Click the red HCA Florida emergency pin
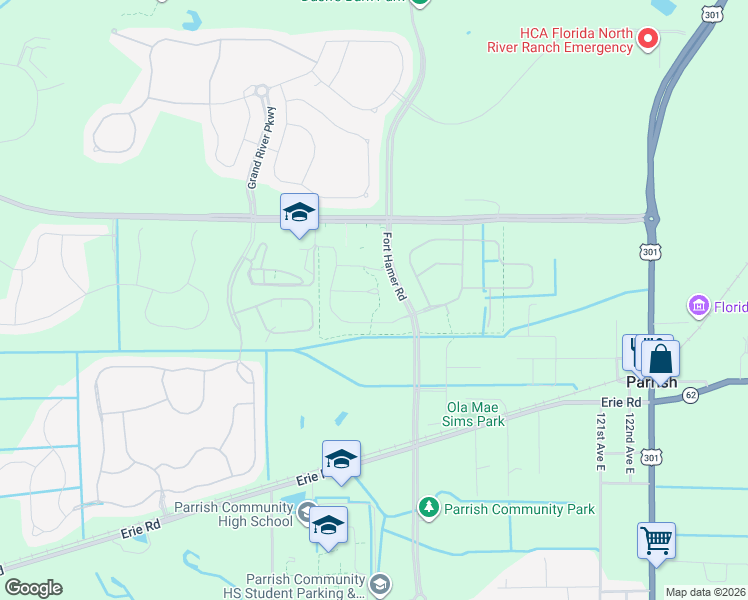coord(648,39)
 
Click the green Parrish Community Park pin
coord(429,508)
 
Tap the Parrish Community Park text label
coord(519,509)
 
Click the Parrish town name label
coord(651,382)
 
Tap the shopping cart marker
coord(656,540)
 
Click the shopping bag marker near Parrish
coord(660,358)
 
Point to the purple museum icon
coord(699,304)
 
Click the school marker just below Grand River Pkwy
coord(299,211)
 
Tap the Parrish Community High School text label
coord(233,514)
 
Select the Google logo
coord(33,588)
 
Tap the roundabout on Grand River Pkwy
coord(261,91)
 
